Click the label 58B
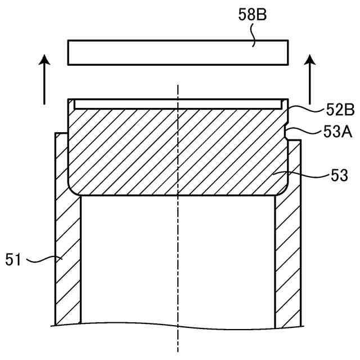(x=253, y=15)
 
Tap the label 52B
(x=340, y=110)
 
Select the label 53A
(x=337, y=132)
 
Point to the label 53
(x=339, y=175)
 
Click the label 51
(x=13, y=259)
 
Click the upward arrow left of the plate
(x=44, y=79)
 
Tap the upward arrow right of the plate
(x=310, y=79)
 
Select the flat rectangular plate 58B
(x=178, y=52)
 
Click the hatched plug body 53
(x=178, y=151)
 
